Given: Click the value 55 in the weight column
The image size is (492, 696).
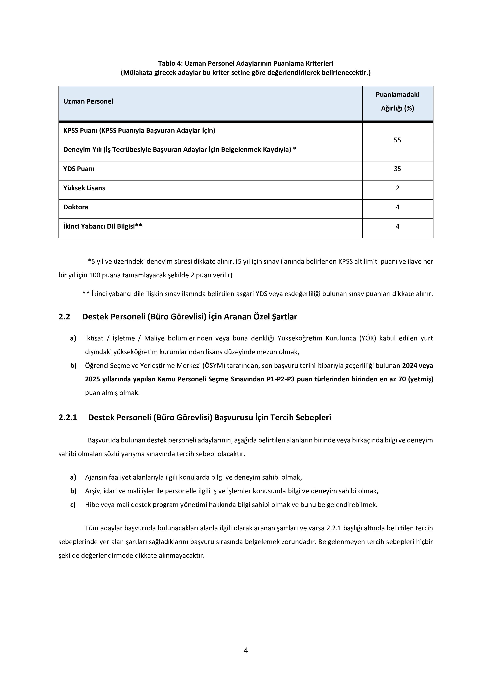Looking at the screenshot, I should click(397, 140).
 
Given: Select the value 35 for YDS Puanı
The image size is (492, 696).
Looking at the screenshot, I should click(397, 169).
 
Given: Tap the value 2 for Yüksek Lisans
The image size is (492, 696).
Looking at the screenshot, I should click(397, 188).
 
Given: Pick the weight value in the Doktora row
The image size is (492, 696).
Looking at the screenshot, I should click(397, 207).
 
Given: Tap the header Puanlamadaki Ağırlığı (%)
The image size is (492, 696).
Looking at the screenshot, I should click(397, 101).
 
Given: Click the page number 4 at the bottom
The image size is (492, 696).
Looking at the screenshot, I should click(246, 651).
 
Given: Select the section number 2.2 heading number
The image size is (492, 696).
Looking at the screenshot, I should click(64, 317).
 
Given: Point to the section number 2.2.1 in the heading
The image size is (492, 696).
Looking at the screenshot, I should click(68, 417).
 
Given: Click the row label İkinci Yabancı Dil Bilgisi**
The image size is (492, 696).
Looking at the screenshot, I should click(102, 226).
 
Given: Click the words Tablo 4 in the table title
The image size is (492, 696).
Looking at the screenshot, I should click(169, 63).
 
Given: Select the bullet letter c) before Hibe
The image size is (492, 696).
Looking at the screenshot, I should click(73, 505).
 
